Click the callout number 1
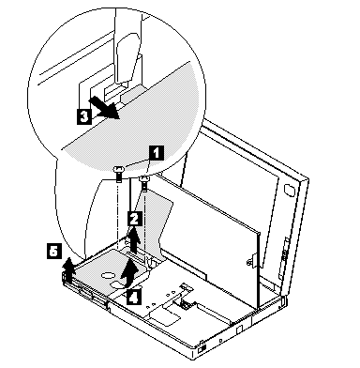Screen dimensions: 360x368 [x=157, y=153]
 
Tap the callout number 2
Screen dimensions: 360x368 [x=135, y=219]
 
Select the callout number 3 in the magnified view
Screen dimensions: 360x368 [x=84, y=116]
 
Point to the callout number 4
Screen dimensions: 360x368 [x=134, y=296]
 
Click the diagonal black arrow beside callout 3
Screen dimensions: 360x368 [x=104, y=108]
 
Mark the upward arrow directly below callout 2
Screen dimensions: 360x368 [x=134, y=240]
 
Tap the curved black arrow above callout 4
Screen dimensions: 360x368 [x=129, y=272]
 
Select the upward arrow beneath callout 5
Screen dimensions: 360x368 [x=67, y=270]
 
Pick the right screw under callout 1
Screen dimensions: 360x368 [x=144, y=183]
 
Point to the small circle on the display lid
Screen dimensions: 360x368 [x=289, y=190]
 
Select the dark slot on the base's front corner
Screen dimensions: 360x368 [x=202, y=348]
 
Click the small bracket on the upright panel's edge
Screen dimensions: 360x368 [x=251, y=260]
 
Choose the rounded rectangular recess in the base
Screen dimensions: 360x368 [x=165, y=314]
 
